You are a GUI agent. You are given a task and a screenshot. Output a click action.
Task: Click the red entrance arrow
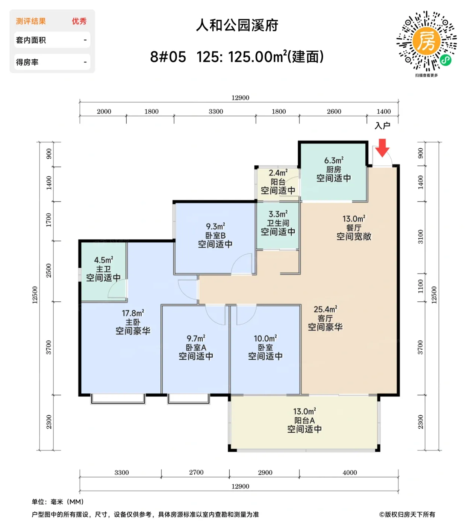382,148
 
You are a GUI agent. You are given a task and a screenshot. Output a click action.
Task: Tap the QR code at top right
426,41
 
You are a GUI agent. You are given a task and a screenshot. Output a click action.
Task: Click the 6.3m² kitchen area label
333,169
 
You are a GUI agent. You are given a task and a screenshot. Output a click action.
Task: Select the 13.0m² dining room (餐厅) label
353,228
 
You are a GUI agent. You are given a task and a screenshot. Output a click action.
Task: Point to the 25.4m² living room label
325,318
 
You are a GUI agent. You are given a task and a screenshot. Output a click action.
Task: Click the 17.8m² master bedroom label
133,322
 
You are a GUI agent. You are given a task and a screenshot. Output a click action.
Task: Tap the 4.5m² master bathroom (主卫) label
103,269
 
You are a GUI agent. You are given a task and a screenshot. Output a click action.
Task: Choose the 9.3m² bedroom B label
215,236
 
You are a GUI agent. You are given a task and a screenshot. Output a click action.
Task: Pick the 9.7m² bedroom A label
196,348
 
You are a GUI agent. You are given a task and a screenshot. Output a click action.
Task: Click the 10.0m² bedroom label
265,348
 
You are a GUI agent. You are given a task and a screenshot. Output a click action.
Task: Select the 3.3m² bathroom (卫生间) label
278,223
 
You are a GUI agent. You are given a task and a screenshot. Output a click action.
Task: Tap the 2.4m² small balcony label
278,182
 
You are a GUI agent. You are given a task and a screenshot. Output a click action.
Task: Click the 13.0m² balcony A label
304,420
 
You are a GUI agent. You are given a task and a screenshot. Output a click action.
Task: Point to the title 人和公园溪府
237,25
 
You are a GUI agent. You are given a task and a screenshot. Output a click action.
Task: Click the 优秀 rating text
79,21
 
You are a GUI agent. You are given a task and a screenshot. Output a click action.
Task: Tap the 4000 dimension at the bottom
350,473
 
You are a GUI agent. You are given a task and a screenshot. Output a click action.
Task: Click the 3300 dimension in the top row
216,112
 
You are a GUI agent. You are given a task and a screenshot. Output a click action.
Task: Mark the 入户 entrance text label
382,126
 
